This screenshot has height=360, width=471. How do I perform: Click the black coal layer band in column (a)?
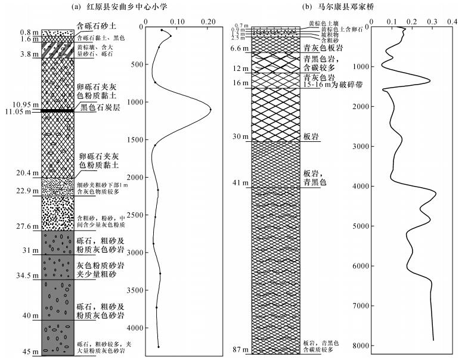tap(57, 110)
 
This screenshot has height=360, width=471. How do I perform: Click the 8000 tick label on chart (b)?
tap(358, 346)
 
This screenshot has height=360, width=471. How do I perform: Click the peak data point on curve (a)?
tap(210, 109)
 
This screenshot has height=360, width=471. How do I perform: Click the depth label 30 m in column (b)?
tap(240, 136)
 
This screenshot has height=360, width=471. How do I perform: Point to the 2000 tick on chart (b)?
tap(358, 107)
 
